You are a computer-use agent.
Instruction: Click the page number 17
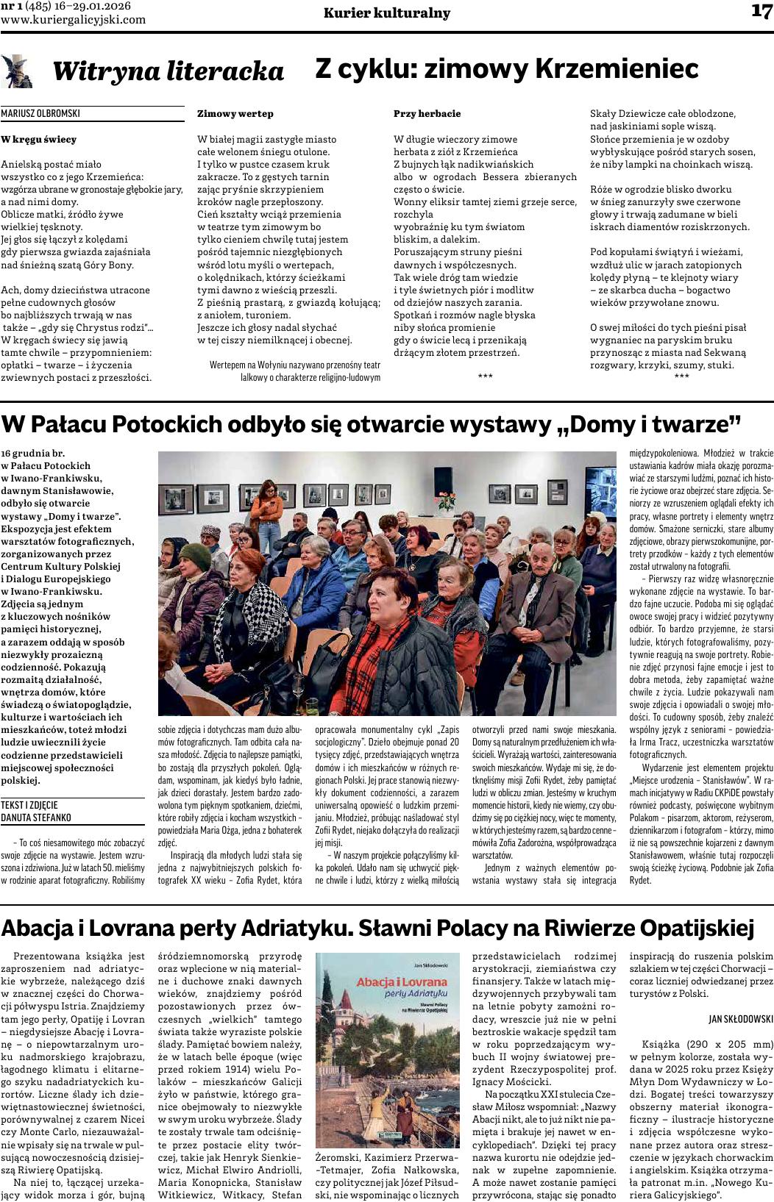pyautogui.click(x=761, y=11)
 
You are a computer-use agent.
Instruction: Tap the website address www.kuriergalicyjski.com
pyautogui.click(x=73, y=20)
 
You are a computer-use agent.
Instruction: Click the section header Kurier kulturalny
pyautogui.click(x=386, y=12)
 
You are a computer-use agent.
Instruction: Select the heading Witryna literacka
pyautogui.click(x=168, y=71)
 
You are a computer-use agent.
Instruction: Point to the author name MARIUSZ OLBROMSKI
pyautogui.click(x=40, y=114)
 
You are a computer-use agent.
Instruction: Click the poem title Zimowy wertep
pyautogui.click(x=235, y=114)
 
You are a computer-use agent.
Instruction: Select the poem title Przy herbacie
pyautogui.click(x=427, y=114)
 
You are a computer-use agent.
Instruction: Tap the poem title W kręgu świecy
pyautogui.click(x=38, y=139)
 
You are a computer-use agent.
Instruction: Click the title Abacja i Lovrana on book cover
pyautogui.click(x=391, y=982)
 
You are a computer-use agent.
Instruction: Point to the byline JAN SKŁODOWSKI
pyautogui.click(x=740, y=1019)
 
